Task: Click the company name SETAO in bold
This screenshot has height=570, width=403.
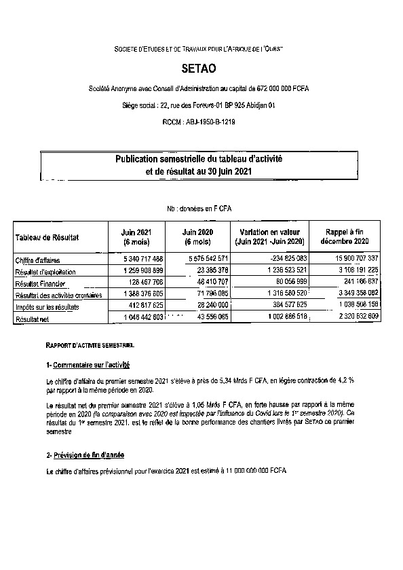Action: (201, 69)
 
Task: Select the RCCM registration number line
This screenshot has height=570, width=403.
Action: (201, 122)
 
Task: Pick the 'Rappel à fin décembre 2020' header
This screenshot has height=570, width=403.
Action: (346, 237)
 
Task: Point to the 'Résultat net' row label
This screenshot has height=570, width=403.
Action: (33, 318)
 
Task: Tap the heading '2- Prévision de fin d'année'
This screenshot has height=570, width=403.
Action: (85, 455)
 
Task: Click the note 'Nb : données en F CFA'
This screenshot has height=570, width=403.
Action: (201, 211)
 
